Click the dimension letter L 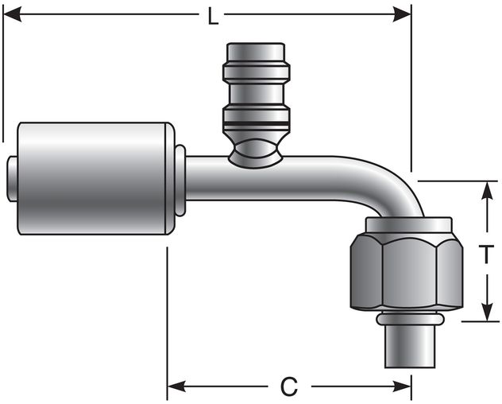point(212,15)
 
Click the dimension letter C point(289,387)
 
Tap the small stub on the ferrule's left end point(11,178)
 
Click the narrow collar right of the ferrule point(180,180)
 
